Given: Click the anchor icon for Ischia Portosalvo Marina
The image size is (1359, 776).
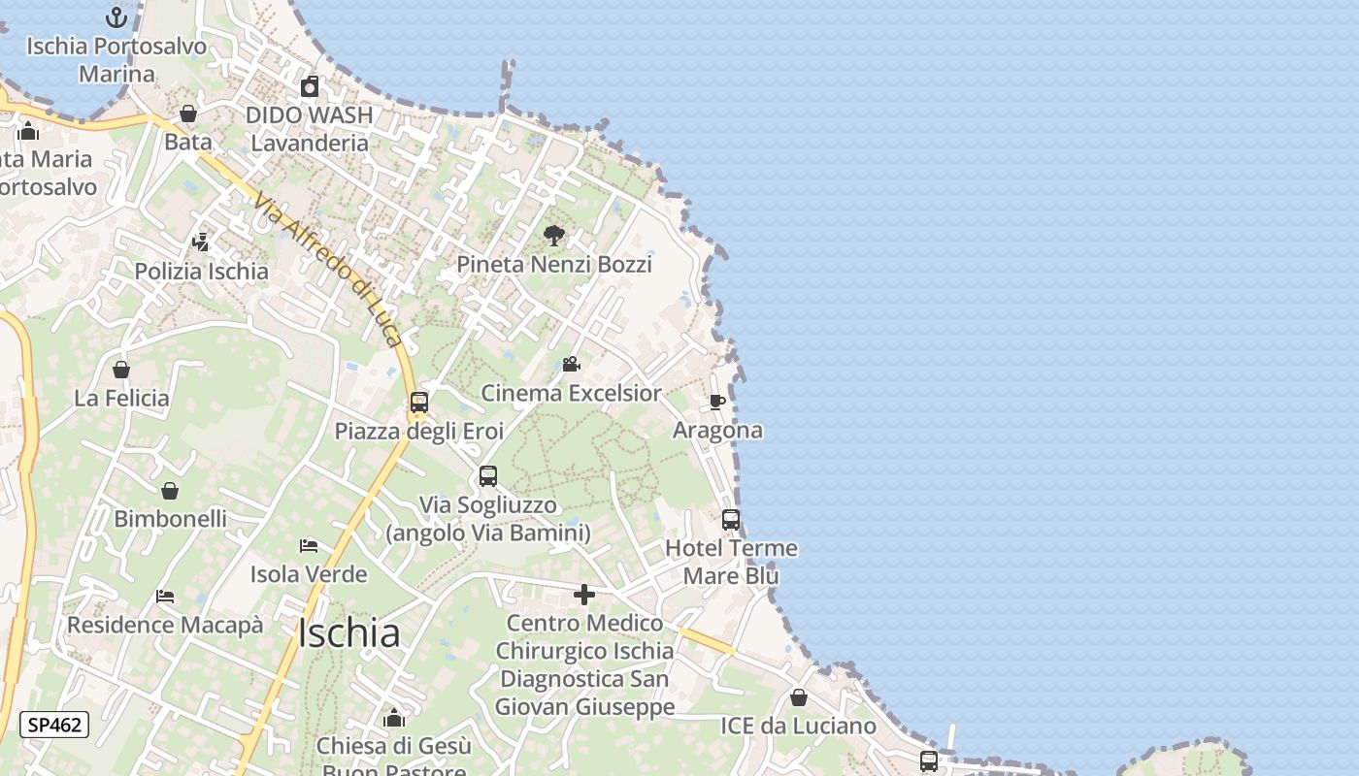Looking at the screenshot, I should point(116,17).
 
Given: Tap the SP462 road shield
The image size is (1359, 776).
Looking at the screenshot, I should point(54,725).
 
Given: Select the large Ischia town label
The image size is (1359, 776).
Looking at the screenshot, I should point(348,633).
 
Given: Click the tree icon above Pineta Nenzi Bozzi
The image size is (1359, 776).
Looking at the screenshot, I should point(554,235).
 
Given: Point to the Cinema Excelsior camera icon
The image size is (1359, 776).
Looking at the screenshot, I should point(572,364).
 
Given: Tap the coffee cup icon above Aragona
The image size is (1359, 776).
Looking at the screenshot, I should point(717,402).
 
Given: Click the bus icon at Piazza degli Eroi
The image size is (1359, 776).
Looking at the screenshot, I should point(419,402).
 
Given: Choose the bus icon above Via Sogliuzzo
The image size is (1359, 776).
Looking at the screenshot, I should point(488,476).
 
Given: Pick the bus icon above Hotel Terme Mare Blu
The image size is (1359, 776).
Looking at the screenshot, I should point(731,520).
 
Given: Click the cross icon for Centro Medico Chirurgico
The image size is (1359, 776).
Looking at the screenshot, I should point(584,595).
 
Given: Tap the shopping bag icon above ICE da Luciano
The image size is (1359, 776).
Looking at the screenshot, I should point(798,697).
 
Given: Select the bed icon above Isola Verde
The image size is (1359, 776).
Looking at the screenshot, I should point(309,546).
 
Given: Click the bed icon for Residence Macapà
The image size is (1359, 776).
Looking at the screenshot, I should point(165,597).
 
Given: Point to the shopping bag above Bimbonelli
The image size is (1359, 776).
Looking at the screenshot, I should point(170,491).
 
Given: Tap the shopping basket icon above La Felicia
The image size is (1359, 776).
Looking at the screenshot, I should point(121,370).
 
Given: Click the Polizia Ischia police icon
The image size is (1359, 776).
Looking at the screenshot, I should point(201,242).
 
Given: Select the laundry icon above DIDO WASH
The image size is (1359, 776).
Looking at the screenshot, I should point(310,87).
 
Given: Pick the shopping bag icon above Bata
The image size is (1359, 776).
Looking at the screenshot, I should point(188,113).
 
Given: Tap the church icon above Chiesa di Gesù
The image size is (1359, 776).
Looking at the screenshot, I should point(394,718).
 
